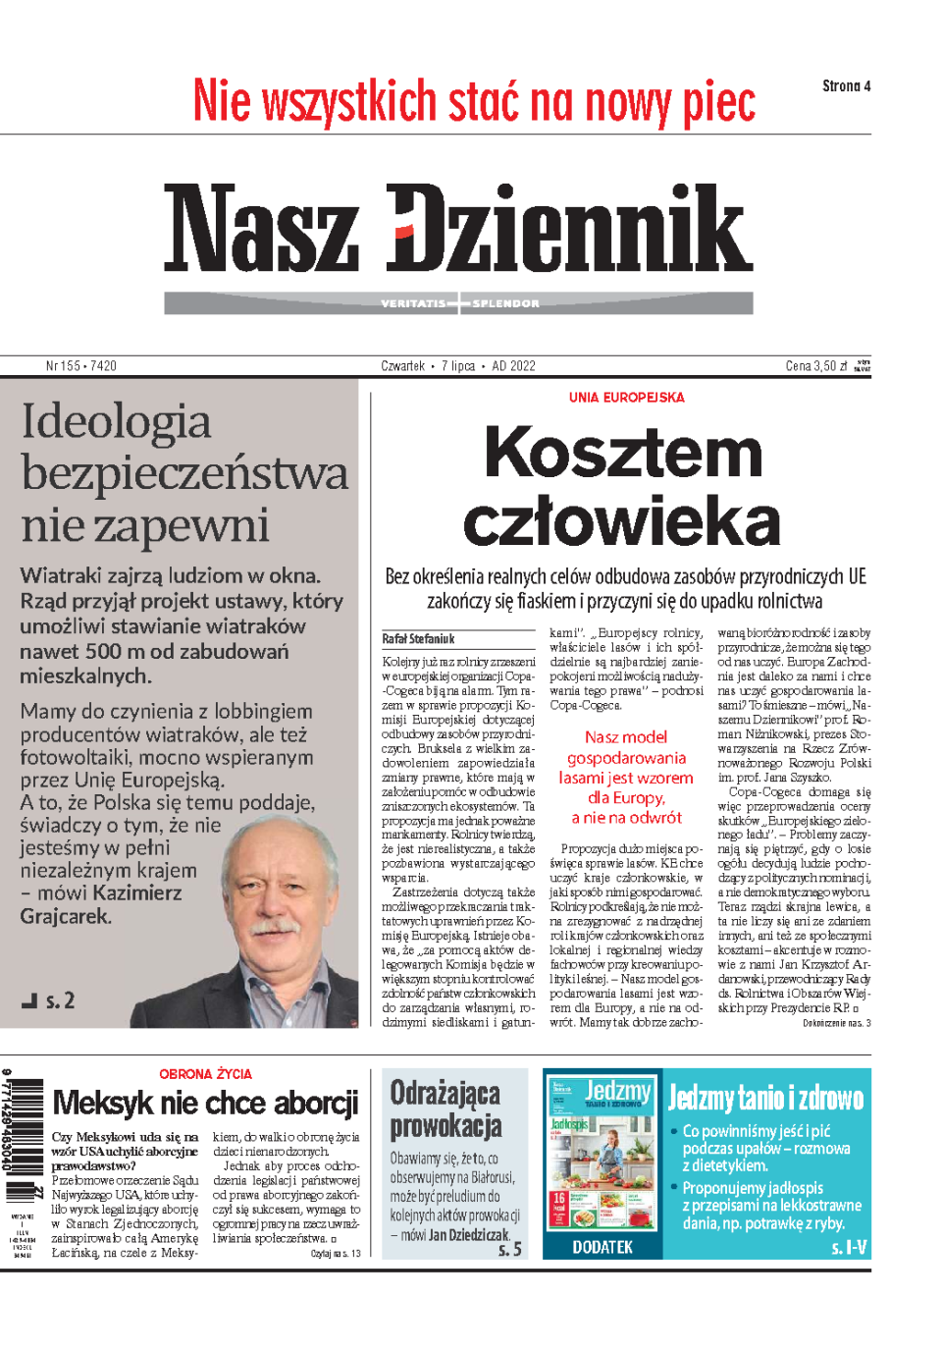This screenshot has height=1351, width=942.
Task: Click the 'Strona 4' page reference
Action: click(846, 86)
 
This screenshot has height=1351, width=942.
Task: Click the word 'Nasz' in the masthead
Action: click(261, 228)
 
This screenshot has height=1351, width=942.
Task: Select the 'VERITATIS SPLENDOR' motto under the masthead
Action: click(459, 303)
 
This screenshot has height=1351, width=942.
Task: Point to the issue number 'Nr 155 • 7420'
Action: click(81, 366)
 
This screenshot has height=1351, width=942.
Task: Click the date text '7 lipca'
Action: click(457, 366)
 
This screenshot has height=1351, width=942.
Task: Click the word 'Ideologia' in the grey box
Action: click(116, 422)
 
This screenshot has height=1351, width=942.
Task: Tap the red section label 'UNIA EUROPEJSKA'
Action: click(626, 398)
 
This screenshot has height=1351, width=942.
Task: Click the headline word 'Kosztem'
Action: click(623, 453)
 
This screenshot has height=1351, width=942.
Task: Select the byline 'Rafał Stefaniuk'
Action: click(418, 639)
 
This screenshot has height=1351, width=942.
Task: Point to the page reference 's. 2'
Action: click(59, 1001)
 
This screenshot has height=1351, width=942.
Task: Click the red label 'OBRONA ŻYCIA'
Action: click(205, 1074)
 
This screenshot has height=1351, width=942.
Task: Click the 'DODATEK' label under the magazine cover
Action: click(602, 1247)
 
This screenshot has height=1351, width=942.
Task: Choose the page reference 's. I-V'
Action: click(849, 1248)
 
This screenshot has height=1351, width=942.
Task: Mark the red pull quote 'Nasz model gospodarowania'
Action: click(626, 747)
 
